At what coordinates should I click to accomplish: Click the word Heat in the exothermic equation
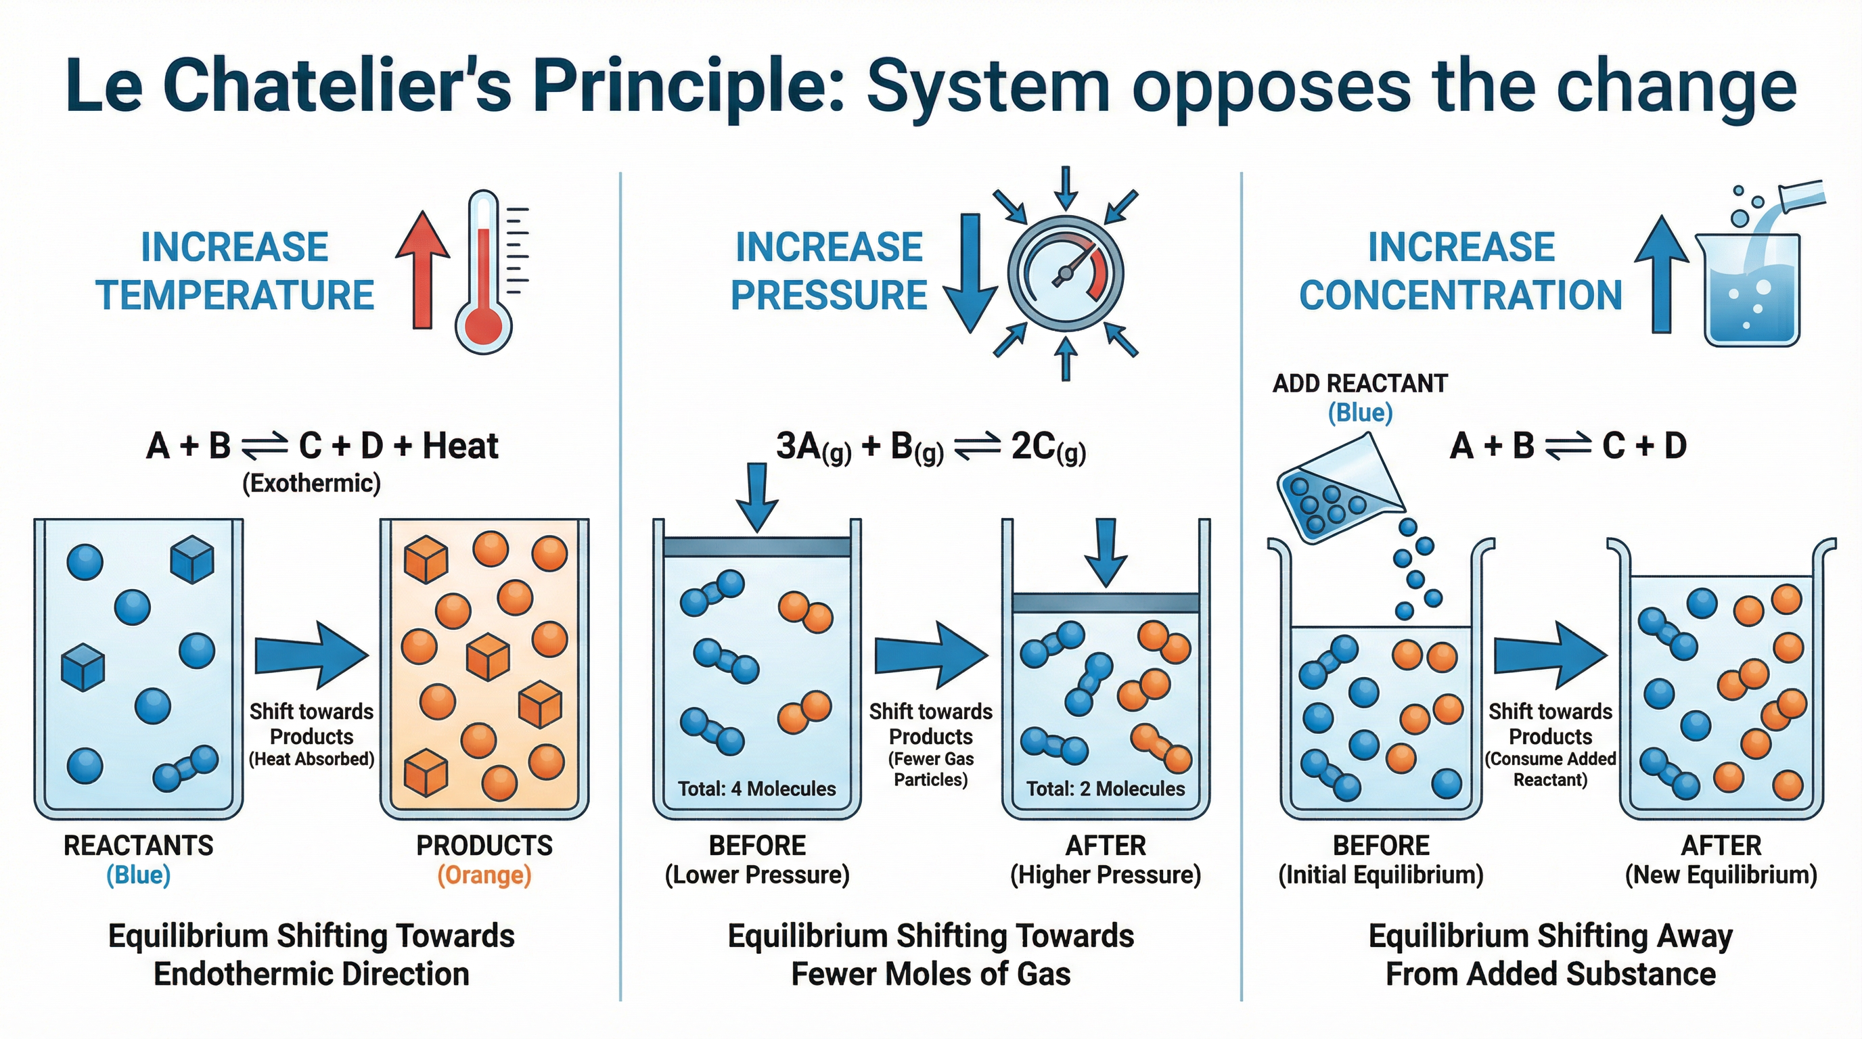tap(461, 446)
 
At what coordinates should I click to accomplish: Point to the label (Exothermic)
tap(311, 483)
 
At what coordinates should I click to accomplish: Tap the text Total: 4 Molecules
tap(757, 788)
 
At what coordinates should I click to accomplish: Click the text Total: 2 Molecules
tap(1105, 788)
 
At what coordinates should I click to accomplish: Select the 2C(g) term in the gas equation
tap(1047, 448)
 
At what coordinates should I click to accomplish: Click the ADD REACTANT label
tap(1360, 383)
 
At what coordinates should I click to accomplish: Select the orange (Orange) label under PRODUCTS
tap(484, 875)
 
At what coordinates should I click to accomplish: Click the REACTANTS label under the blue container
tap(138, 846)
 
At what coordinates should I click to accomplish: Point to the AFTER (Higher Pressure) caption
tap(1105, 860)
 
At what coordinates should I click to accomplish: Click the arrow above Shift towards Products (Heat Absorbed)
tap(311, 654)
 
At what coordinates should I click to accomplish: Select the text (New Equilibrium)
tap(1721, 875)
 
